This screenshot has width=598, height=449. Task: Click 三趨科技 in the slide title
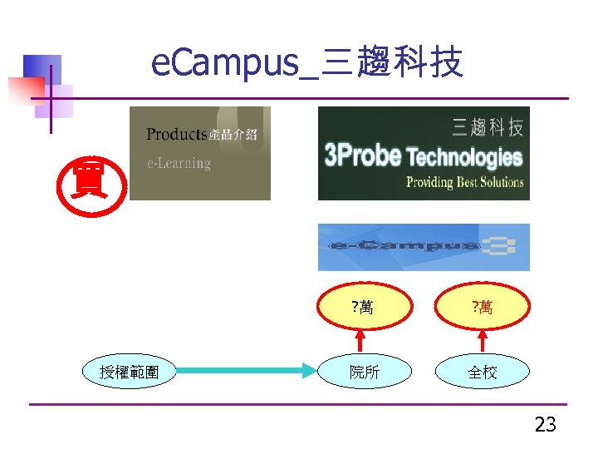click(391, 63)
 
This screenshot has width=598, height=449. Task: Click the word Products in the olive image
click(176, 135)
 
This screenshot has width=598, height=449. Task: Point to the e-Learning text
click(179, 163)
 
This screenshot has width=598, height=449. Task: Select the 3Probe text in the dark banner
click(362, 155)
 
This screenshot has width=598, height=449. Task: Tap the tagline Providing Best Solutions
click(465, 182)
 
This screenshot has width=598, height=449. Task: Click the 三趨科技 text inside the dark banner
click(488, 127)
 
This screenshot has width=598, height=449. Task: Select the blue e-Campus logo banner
click(424, 247)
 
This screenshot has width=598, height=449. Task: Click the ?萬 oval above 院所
click(363, 308)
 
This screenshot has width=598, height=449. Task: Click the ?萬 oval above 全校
click(483, 308)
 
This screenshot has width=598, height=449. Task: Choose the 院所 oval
click(364, 373)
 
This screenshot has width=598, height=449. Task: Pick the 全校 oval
click(483, 373)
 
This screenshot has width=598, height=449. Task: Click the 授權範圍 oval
click(130, 373)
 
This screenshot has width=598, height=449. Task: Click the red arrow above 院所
click(360, 341)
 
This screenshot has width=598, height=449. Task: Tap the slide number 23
click(545, 425)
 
